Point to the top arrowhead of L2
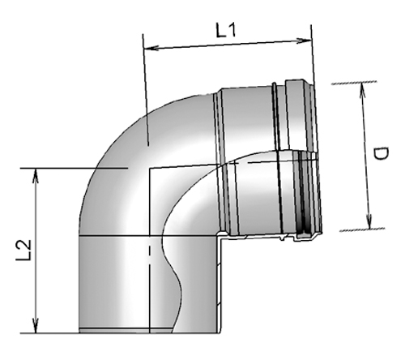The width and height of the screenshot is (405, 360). click(36, 173)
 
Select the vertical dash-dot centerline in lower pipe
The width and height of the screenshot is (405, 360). click(149, 284)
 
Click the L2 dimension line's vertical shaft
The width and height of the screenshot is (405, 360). click(36, 251)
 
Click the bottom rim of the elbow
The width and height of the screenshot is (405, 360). click(150, 332)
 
